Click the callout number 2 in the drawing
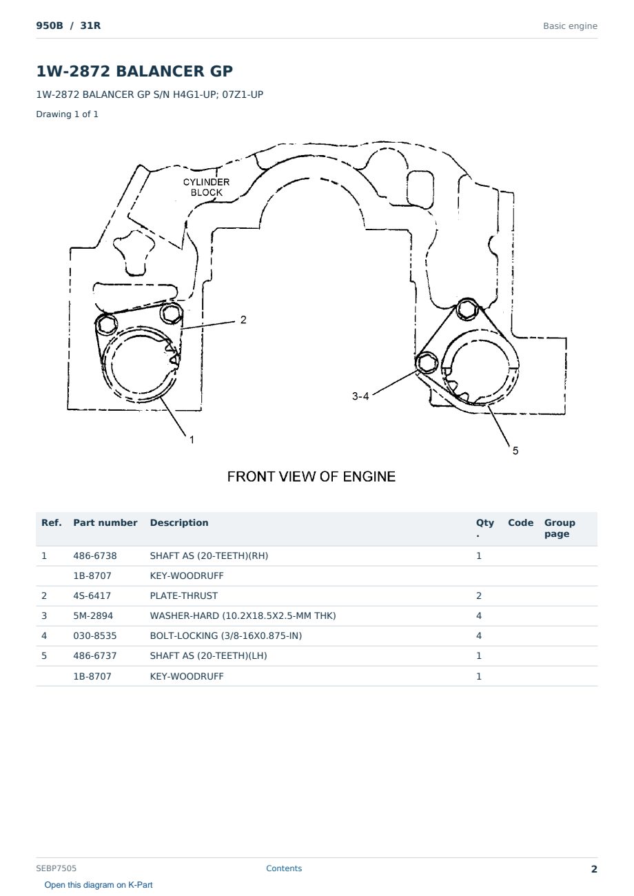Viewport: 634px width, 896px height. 243,320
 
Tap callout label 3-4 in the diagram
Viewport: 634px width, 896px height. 360,396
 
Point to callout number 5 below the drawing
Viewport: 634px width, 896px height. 515,451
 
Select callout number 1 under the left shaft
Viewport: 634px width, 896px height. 192,440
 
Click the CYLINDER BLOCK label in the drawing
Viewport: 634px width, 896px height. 207,187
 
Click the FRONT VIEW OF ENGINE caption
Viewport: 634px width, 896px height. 311,477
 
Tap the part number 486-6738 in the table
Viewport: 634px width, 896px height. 95,556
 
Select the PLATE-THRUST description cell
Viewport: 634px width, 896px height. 183,595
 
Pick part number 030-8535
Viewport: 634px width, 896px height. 95,635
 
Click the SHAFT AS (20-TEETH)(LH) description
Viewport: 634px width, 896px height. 208,655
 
